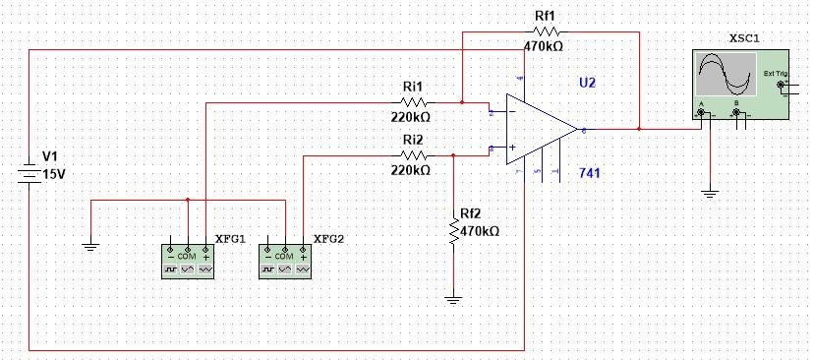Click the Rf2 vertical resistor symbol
[453, 232]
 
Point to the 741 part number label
[590, 173]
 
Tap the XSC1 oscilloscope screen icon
[725, 77]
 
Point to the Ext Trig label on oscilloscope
[773, 75]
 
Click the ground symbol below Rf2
[453, 298]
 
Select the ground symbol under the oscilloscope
[709, 194]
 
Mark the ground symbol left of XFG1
[89, 246]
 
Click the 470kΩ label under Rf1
[543, 45]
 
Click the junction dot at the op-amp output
[639, 129]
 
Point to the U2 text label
[587, 84]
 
